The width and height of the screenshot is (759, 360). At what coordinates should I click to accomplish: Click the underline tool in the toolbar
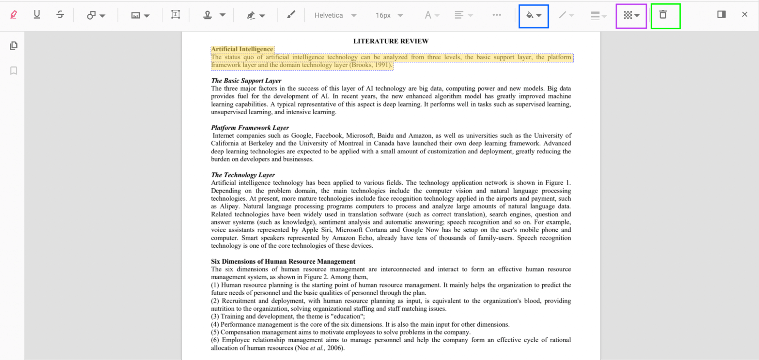pyautogui.click(x=37, y=15)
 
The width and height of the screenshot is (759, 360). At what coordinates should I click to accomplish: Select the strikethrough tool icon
pyautogui.click(x=60, y=15)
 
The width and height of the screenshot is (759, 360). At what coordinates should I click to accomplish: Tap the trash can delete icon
pyautogui.click(x=663, y=15)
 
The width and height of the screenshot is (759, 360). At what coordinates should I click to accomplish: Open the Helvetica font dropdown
pyautogui.click(x=335, y=15)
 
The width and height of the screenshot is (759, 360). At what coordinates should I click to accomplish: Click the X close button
pyautogui.click(x=744, y=14)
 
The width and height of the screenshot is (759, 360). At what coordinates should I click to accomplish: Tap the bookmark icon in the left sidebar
pyautogui.click(x=14, y=71)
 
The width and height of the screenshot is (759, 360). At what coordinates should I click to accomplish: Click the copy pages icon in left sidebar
pyautogui.click(x=14, y=46)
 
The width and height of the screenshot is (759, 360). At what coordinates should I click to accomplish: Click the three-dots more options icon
pyautogui.click(x=497, y=15)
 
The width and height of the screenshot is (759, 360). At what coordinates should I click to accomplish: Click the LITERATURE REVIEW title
pyautogui.click(x=391, y=41)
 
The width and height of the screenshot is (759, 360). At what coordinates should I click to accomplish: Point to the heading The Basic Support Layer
pyautogui.click(x=246, y=81)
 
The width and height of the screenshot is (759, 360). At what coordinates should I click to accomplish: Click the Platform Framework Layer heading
pyautogui.click(x=250, y=128)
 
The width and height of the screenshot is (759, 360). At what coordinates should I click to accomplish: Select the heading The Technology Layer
pyautogui.click(x=243, y=175)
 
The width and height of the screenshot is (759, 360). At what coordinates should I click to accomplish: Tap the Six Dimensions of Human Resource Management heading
pyautogui.click(x=283, y=261)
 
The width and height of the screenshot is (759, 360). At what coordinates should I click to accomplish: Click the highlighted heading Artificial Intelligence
pyautogui.click(x=242, y=49)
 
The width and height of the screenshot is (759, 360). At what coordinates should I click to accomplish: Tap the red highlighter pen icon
pyautogui.click(x=14, y=15)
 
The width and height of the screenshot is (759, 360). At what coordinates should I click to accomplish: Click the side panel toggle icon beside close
pyautogui.click(x=721, y=14)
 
